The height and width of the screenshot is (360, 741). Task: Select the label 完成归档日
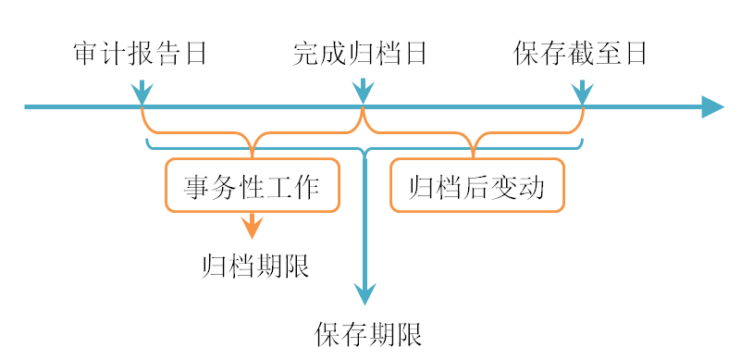(x=361, y=54)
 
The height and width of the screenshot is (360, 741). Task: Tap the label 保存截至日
(x=580, y=54)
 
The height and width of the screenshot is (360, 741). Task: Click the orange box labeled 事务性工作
(x=252, y=186)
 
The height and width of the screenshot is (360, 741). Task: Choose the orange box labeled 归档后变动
(x=476, y=186)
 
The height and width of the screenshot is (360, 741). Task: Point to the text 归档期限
(x=254, y=267)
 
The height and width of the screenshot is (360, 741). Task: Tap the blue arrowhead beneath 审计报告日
(x=141, y=93)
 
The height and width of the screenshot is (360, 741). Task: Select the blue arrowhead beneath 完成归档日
(x=363, y=93)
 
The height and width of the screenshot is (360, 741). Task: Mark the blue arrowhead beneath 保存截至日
(x=582, y=93)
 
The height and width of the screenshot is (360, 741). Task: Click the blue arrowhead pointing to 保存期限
(x=366, y=293)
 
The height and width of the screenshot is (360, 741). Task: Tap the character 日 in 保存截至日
(x=635, y=54)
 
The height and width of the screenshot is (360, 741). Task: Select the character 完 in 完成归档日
(x=306, y=54)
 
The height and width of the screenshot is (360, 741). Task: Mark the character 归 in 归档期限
(x=214, y=267)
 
